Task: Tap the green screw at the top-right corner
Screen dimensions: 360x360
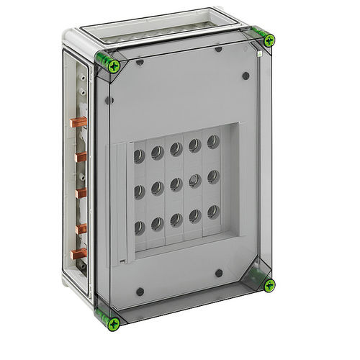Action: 268,40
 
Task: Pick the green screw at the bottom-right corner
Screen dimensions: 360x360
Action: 268,285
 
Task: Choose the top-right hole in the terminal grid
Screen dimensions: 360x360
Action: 212,141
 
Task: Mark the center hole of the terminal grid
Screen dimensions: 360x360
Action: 176,186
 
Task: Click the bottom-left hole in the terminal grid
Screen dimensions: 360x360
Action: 138,228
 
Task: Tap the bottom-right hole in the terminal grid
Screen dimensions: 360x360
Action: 212,211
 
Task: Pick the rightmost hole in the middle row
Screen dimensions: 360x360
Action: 212,176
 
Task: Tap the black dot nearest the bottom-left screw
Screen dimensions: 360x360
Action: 140,292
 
